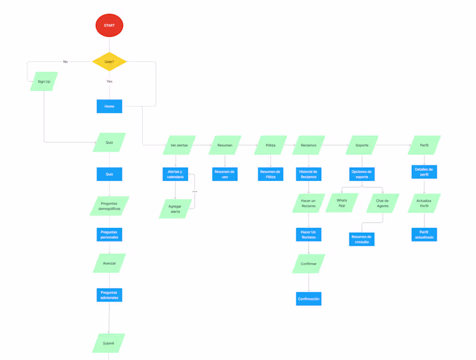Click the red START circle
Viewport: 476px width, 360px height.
click(x=109, y=26)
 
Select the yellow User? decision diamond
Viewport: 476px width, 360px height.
click(x=109, y=62)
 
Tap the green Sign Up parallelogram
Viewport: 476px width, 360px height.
click(x=44, y=82)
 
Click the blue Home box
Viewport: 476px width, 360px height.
click(x=109, y=107)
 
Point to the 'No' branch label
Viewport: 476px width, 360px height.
click(x=65, y=62)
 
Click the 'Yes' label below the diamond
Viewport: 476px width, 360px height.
click(x=109, y=82)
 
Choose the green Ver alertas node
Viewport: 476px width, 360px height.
click(x=179, y=145)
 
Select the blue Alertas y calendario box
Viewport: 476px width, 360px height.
click(x=176, y=174)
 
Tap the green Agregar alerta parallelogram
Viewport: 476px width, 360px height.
click(x=176, y=209)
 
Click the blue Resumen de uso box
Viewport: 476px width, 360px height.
click(x=225, y=174)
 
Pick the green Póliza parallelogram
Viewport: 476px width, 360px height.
click(x=271, y=145)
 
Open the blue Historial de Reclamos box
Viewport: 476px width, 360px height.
click(x=308, y=174)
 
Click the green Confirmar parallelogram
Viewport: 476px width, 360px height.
click(x=308, y=264)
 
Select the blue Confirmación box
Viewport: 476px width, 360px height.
click(x=308, y=299)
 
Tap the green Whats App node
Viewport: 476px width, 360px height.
click(x=342, y=203)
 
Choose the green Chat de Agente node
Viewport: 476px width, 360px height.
click(x=382, y=203)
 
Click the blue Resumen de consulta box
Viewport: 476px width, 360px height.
click(x=362, y=239)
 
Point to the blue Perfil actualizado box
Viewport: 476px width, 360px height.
click(x=424, y=234)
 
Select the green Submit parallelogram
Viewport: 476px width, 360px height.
click(x=109, y=343)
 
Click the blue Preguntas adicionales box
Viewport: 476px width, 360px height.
click(x=109, y=295)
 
